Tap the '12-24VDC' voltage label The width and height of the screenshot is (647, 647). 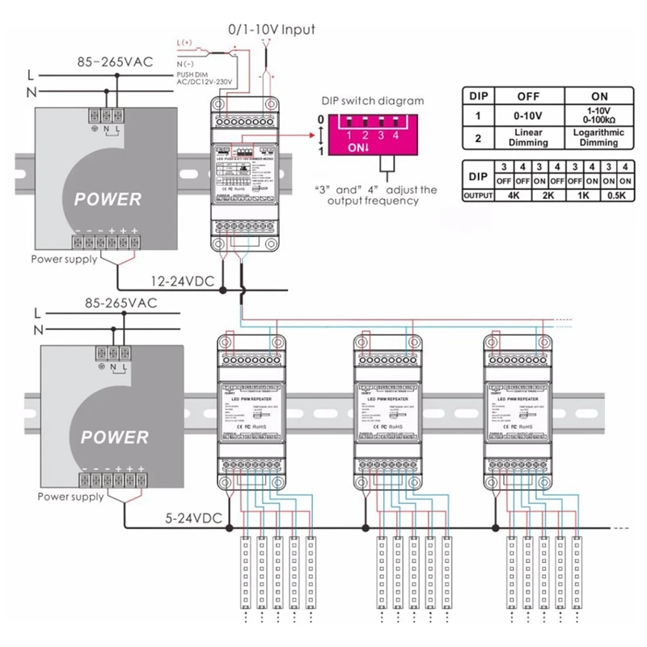(182, 281)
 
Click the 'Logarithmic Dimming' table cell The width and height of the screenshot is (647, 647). (598, 137)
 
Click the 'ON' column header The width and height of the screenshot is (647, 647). (598, 95)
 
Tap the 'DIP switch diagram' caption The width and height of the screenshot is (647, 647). (372, 101)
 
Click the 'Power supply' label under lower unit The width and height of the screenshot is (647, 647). (71, 497)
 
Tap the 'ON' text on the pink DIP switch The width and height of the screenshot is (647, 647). (358, 148)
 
